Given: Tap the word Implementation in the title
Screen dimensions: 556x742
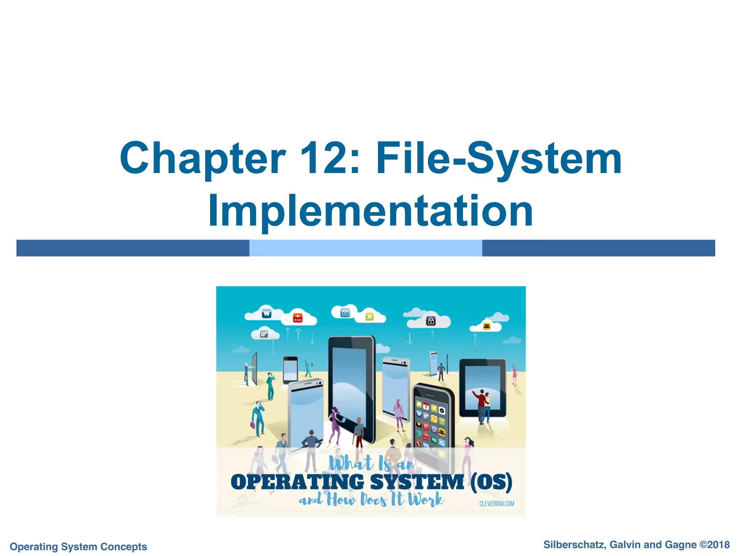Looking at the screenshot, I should (x=370, y=211).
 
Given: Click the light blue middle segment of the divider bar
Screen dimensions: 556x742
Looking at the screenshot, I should (x=366, y=248).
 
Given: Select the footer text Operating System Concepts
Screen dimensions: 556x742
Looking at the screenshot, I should (x=78, y=547).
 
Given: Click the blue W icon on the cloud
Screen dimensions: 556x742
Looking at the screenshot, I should (x=267, y=313).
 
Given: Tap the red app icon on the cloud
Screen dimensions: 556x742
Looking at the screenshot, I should (x=297, y=318).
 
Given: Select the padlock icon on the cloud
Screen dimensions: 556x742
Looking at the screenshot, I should (x=431, y=321).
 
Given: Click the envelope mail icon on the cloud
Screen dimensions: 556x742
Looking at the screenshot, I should (x=345, y=313).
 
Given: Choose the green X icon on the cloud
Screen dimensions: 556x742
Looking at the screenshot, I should (x=369, y=317).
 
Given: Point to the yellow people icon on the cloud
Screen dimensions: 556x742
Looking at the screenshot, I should (x=487, y=327).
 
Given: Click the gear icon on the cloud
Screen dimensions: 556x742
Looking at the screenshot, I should (x=264, y=334).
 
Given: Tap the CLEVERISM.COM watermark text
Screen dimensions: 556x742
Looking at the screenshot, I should (x=496, y=504).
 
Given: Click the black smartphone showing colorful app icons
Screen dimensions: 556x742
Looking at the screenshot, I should (x=433, y=420).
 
